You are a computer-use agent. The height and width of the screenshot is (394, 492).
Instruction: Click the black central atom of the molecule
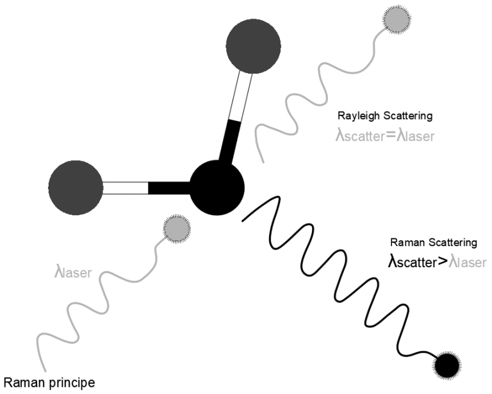pyautogui.click(x=217, y=188)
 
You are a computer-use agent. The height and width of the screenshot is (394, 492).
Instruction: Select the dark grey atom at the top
pyautogui.click(x=253, y=46)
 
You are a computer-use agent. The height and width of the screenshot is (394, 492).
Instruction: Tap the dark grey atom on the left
pyautogui.click(x=76, y=188)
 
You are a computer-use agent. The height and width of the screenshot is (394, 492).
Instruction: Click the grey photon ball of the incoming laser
pyautogui.click(x=177, y=229)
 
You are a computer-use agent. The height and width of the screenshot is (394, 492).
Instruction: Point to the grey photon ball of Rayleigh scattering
pyautogui.click(x=397, y=19)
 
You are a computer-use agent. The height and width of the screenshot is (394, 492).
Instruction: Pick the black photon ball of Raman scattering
pyautogui.click(x=447, y=365)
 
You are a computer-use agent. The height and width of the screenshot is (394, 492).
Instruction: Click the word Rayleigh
pyautogui.click(x=357, y=116)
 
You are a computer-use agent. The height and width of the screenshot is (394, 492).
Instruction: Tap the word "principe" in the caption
pyautogui.click(x=72, y=383)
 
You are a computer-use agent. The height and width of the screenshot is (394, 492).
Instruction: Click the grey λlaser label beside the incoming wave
pyautogui.click(x=73, y=272)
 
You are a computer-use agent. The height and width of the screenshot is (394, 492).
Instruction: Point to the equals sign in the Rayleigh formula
pyautogui.click(x=390, y=135)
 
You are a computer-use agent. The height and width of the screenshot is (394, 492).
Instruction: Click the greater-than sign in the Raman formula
pyautogui.click(x=442, y=262)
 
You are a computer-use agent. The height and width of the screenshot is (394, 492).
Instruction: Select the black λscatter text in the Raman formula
pyautogui.click(x=413, y=261)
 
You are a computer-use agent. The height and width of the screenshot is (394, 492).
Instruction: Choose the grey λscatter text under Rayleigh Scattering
pyautogui.click(x=360, y=136)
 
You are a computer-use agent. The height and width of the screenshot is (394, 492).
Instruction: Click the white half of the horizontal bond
pyautogui.click(x=126, y=188)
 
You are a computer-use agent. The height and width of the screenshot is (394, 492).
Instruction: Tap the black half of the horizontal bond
pyautogui.click(x=169, y=188)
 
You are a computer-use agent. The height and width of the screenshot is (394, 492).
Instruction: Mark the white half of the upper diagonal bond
pyautogui.click(x=241, y=96)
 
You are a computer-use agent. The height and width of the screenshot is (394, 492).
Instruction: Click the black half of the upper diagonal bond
pyautogui.click(x=230, y=142)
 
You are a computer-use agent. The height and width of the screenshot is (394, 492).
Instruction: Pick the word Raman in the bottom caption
pyautogui.click(x=24, y=382)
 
